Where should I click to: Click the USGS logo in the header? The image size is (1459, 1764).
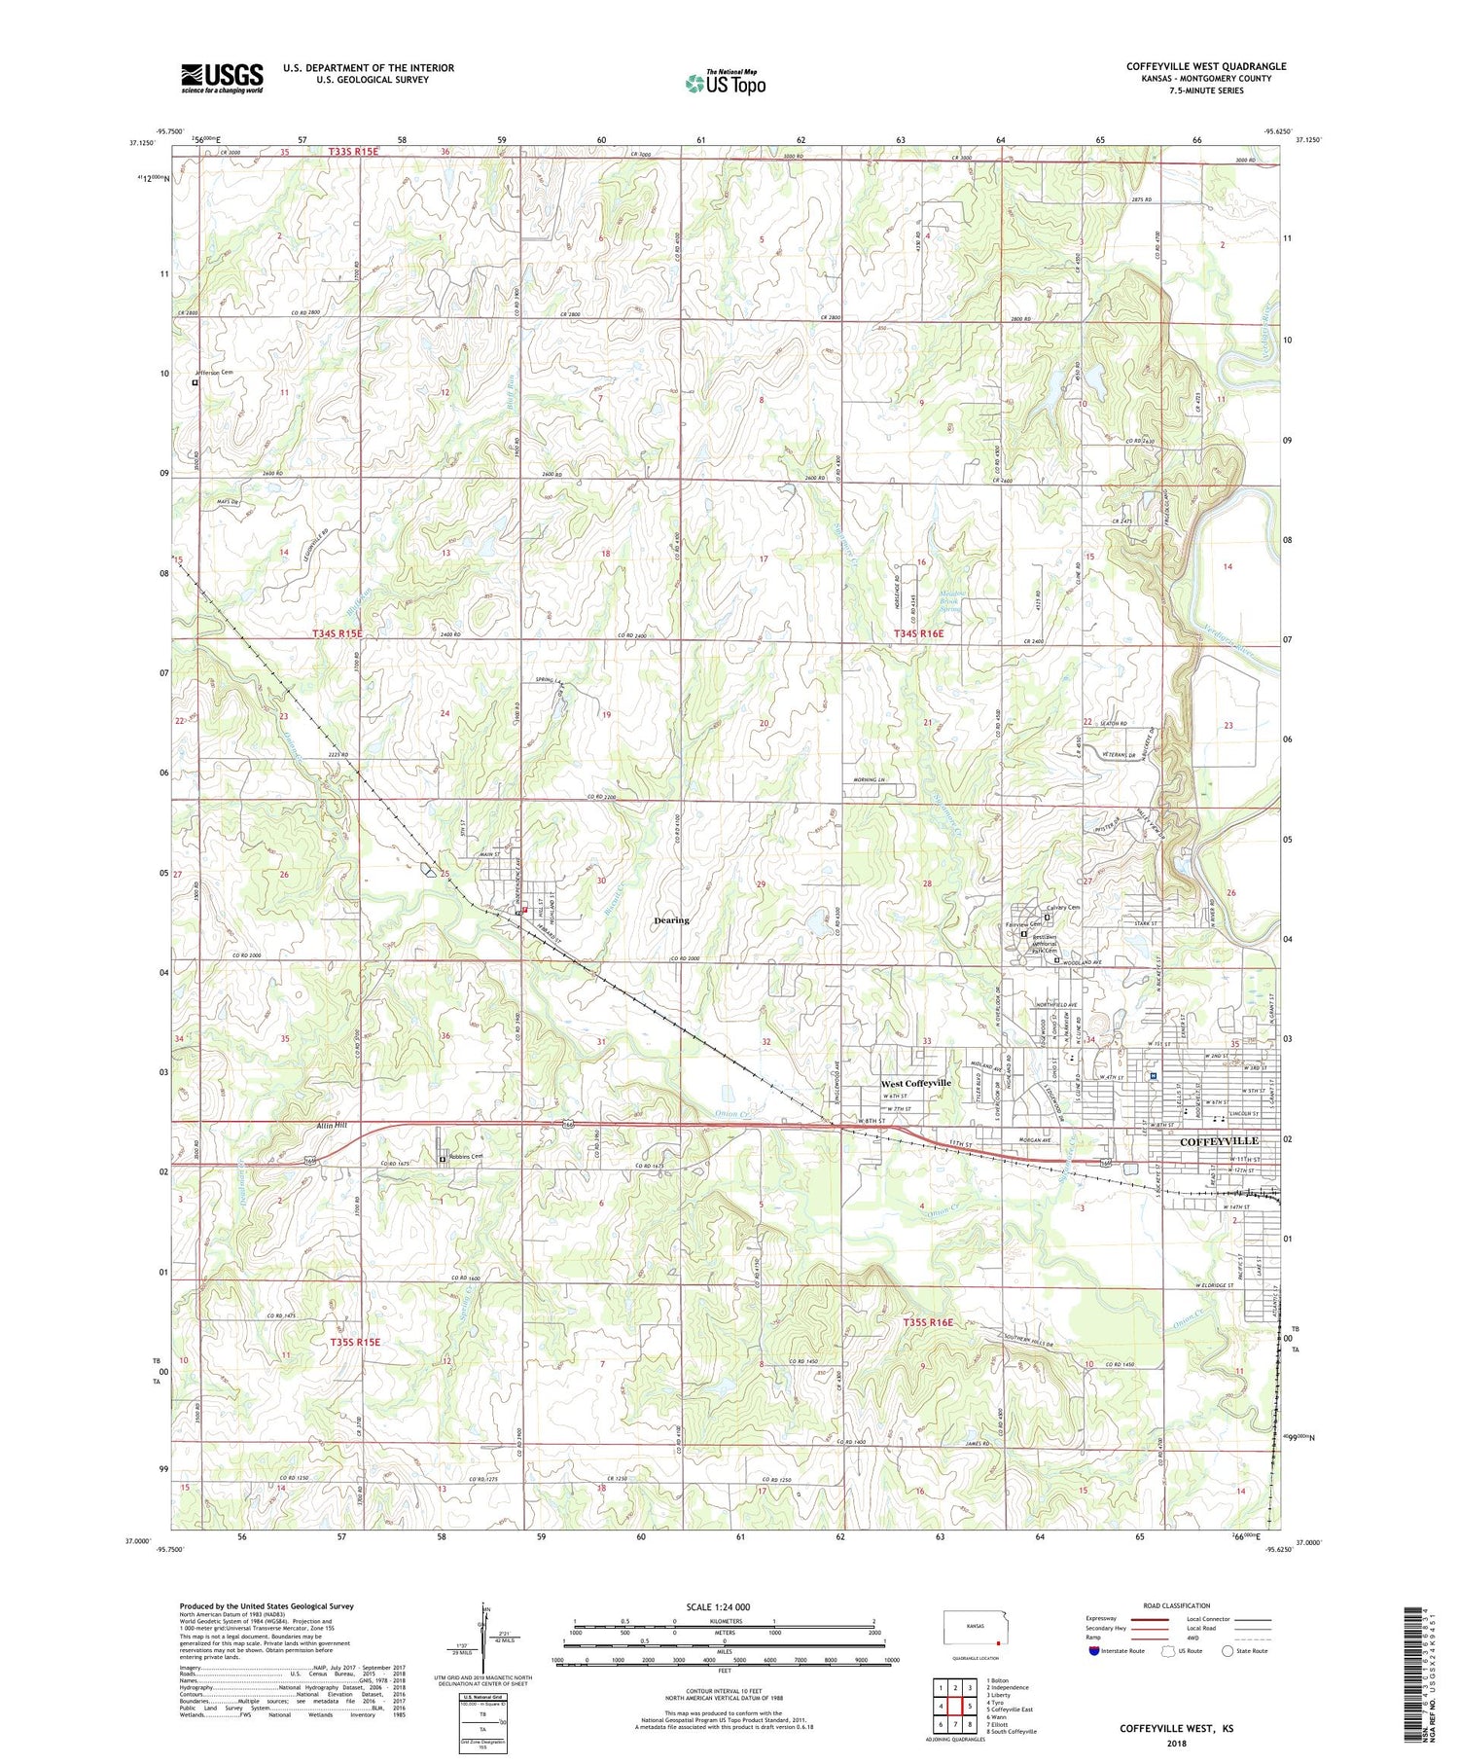point(222,78)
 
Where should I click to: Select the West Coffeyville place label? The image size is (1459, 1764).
point(915,1083)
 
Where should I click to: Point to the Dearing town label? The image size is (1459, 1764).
point(671,919)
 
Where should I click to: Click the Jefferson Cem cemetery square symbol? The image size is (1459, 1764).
point(195,383)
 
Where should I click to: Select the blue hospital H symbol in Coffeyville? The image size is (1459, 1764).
point(1153,1076)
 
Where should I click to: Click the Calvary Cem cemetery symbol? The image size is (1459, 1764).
point(1047,918)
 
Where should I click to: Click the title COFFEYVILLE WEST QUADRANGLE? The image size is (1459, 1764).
point(1205,66)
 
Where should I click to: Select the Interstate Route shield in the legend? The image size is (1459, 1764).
point(1093,1651)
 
